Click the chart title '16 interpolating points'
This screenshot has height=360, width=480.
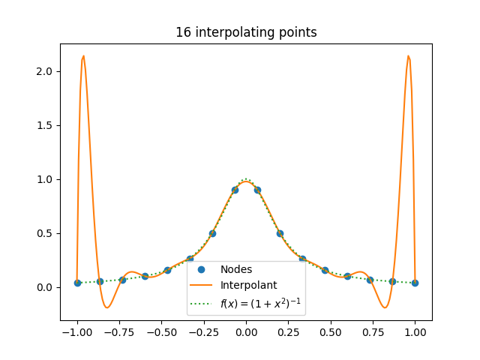246,32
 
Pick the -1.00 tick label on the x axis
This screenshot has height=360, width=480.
77,332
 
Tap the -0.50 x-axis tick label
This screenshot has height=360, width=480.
162,332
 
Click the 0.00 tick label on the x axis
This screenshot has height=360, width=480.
246,332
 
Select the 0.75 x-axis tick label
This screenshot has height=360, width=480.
373,332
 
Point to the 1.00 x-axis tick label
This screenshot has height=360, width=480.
415,332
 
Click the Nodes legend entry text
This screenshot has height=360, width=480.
236,269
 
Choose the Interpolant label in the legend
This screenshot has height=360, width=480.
248,285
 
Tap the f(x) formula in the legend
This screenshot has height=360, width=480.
260,303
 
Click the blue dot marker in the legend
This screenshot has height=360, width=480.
201,269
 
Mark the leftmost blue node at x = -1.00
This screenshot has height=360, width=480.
77,283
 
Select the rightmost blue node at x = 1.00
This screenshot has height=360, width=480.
415,283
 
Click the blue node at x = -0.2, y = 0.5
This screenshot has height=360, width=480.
212,233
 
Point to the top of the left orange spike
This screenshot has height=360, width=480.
83,55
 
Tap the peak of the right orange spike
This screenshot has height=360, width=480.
408,55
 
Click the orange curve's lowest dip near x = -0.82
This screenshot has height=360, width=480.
107,307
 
